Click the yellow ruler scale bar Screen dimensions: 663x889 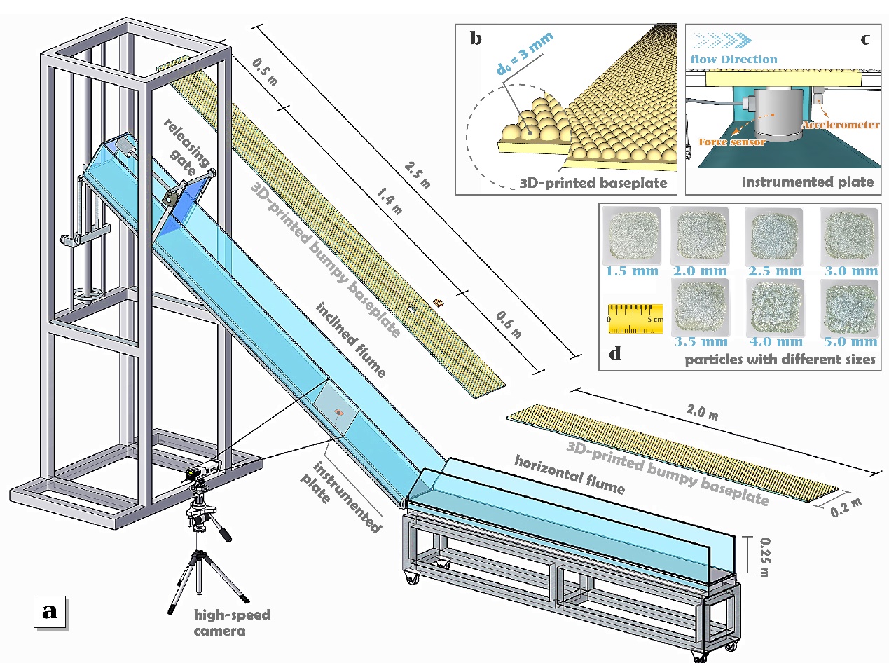(635, 317)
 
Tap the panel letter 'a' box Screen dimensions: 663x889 (50, 610)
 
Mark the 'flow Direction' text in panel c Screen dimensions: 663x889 (733, 60)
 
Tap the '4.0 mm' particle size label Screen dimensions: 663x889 (775, 341)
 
